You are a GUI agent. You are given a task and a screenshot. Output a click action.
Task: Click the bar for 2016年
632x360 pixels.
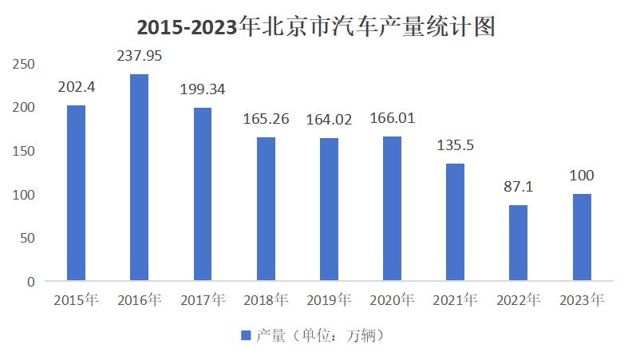(x=139, y=177)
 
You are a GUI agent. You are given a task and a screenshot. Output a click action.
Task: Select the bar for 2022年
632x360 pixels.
(x=519, y=243)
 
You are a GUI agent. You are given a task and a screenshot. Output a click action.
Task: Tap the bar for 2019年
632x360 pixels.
(x=329, y=209)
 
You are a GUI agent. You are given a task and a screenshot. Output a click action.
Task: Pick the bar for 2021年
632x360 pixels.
(x=455, y=222)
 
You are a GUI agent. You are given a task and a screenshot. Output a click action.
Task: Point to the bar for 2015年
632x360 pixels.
(x=76, y=193)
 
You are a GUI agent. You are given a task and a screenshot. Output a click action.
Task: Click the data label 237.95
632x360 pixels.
(x=140, y=56)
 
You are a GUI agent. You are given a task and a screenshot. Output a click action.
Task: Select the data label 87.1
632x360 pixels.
(x=519, y=187)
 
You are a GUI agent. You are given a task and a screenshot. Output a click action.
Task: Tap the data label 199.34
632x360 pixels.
(x=203, y=89)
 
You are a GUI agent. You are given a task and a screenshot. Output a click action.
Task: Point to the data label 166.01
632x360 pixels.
(x=392, y=118)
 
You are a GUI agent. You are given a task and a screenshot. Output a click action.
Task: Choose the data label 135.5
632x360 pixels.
(x=456, y=145)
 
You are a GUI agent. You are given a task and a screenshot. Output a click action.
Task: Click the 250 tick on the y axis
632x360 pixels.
(x=23, y=64)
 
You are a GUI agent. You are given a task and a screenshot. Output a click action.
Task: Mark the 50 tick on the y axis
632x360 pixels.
(x=27, y=238)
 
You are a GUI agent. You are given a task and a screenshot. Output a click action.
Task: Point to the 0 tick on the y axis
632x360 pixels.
(x=31, y=282)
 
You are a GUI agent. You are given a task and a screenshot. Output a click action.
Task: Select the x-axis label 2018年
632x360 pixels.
(x=266, y=300)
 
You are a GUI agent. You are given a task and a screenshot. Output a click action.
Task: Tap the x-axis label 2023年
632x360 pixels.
(x=582, y=300)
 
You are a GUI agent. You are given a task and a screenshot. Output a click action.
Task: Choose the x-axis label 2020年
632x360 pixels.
(x=392, y=300)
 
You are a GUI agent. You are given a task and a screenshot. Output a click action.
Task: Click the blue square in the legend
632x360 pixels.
(x=246, y=335)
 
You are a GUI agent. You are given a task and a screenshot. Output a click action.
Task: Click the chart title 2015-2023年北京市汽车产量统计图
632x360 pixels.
(x=316, y=27)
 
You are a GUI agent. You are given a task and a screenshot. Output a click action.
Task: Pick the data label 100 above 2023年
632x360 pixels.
(x=582, y=176)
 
